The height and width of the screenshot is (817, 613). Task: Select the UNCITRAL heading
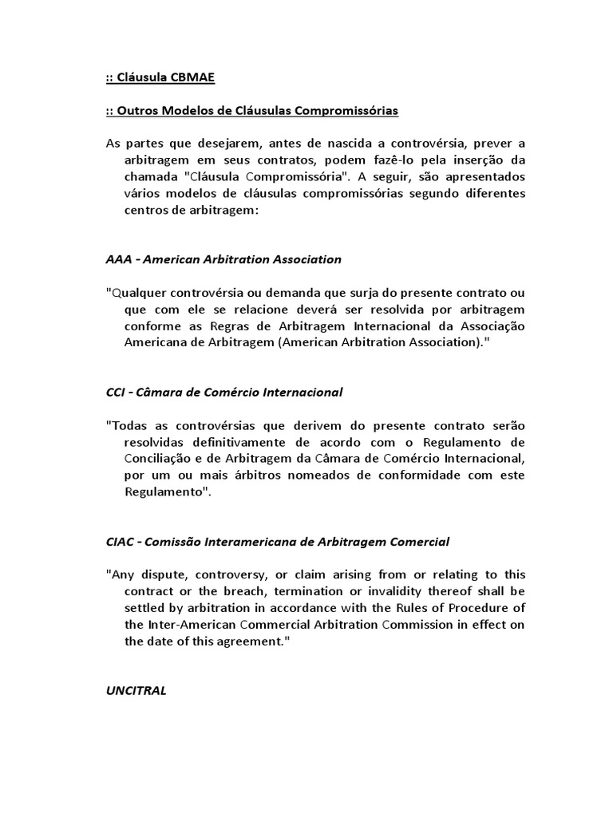pos(136,691)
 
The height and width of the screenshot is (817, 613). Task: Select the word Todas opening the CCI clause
pos(129,425)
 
